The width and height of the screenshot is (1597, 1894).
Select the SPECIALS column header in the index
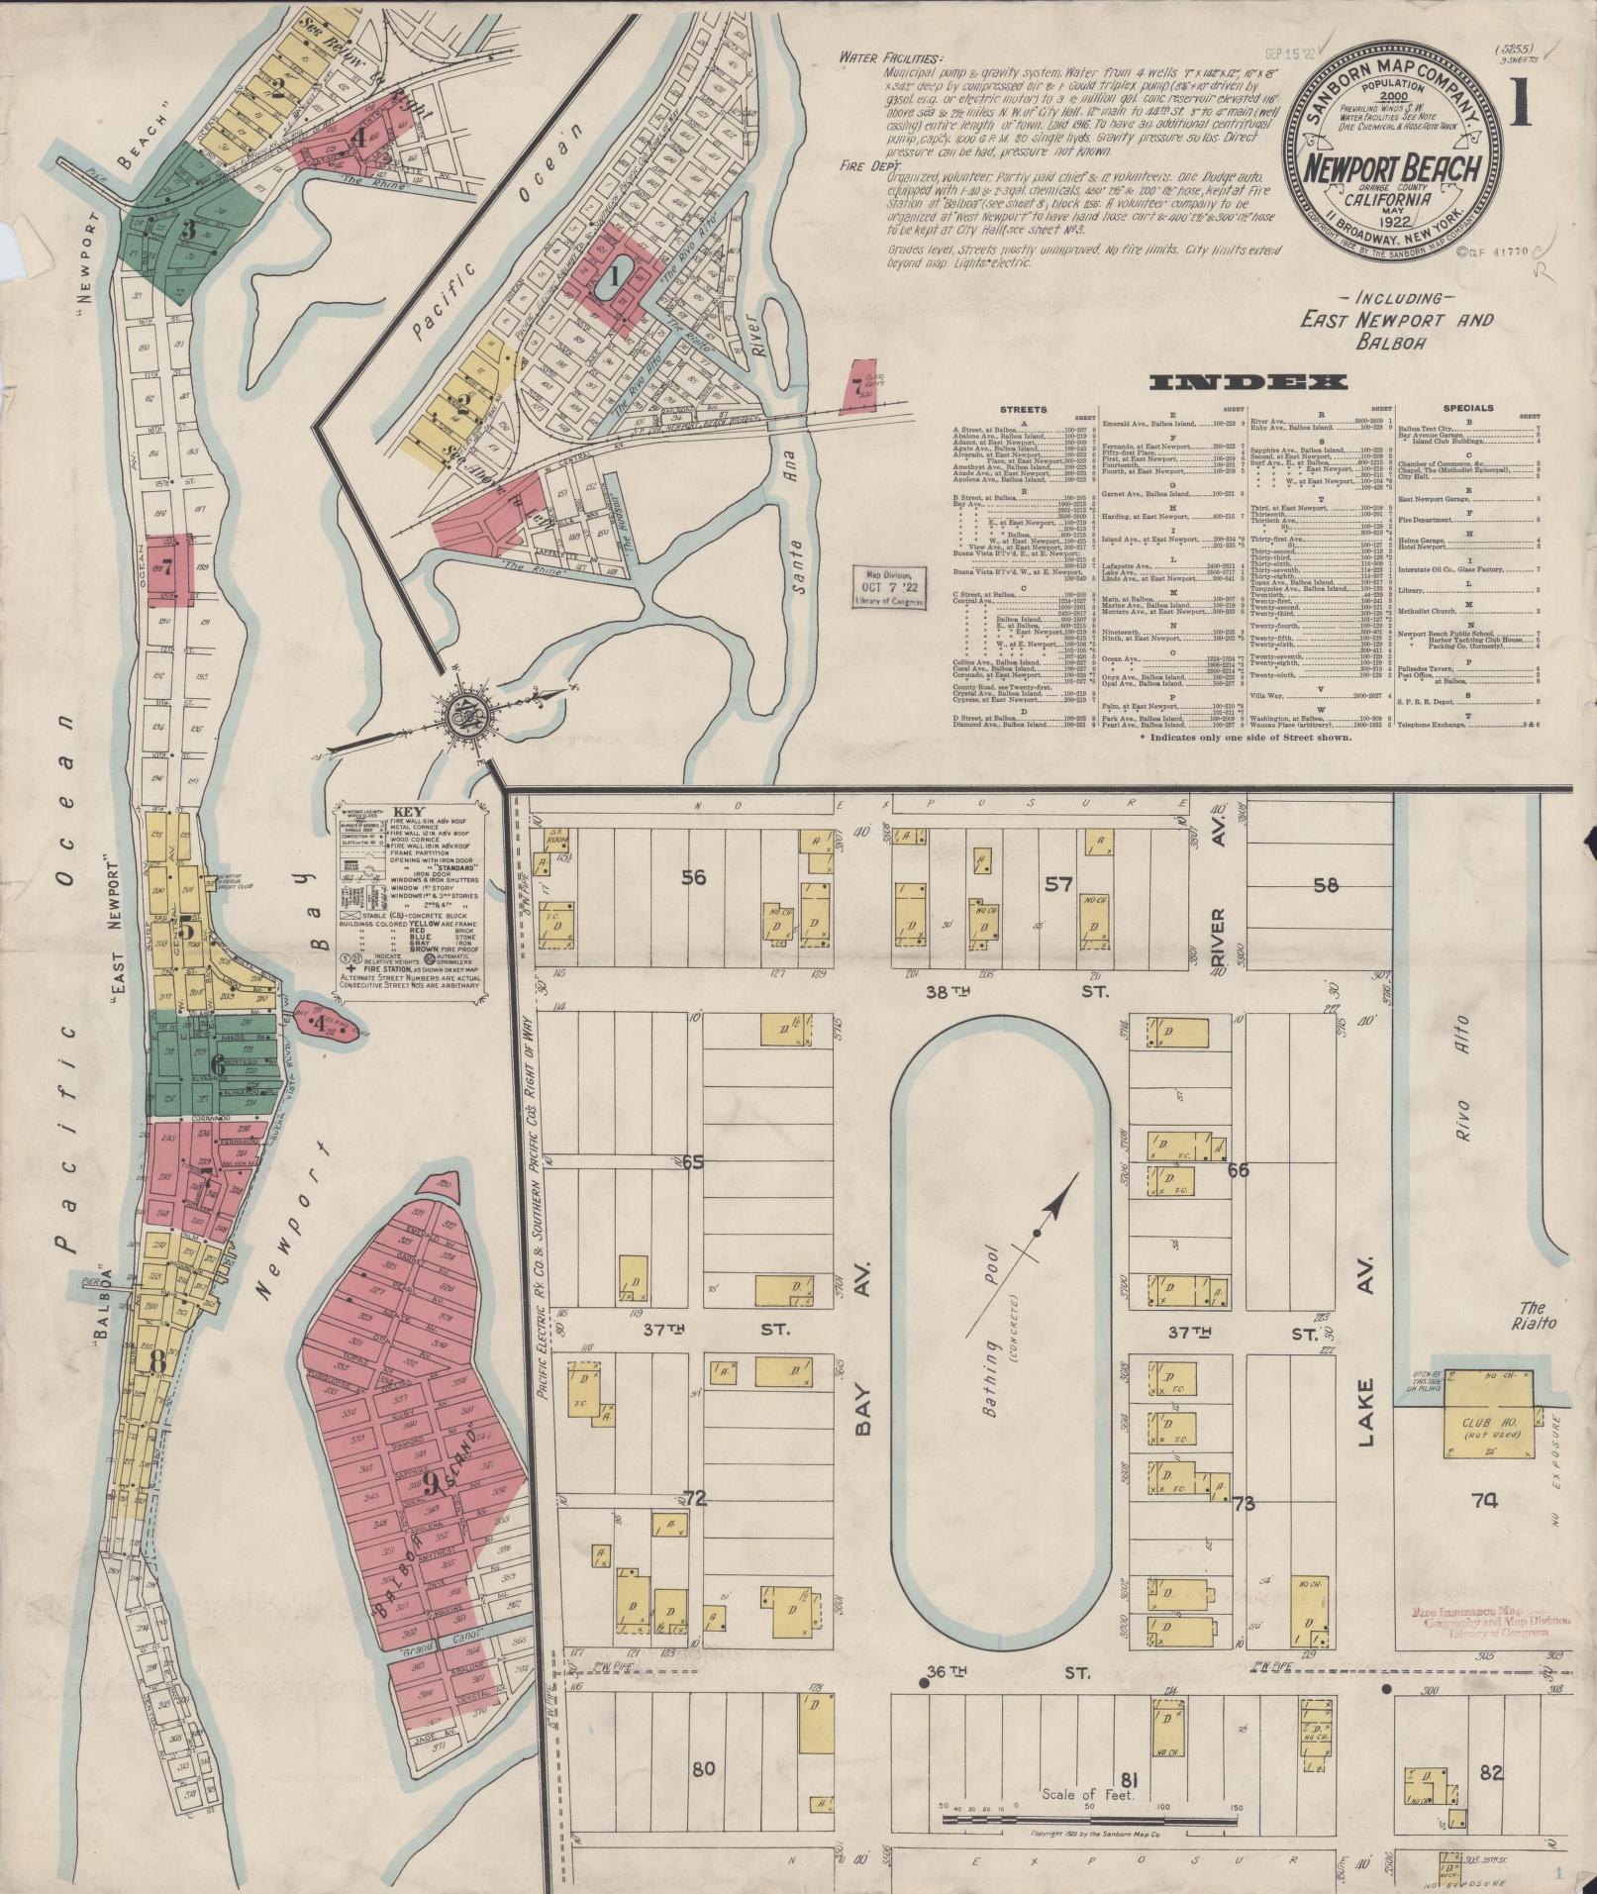[x=1468, y=407]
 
